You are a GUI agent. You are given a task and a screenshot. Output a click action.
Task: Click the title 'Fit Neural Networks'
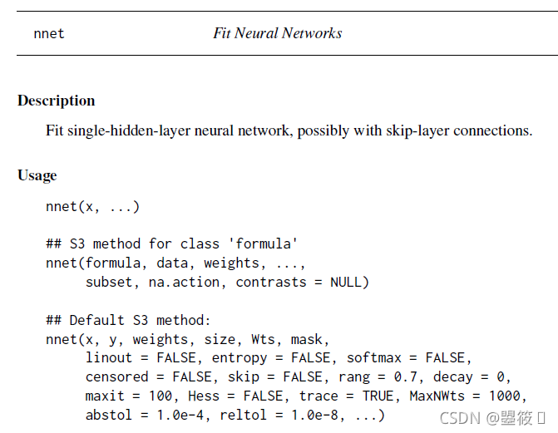(x=277, y=34)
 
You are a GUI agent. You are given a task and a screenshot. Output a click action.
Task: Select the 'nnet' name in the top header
(x=49, y=34)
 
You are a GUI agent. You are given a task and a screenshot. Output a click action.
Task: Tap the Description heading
(x=57, y=101)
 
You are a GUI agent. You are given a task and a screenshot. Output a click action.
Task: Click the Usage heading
(x=37, y=175)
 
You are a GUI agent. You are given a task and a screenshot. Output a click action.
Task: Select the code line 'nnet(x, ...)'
(x=92, y=206)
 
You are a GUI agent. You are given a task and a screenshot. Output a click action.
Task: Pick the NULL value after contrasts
(x=346, y=282)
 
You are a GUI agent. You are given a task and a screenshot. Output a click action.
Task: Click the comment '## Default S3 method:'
(x=129, y=320)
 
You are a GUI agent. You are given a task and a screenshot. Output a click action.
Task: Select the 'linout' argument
(x=109, y=357)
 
